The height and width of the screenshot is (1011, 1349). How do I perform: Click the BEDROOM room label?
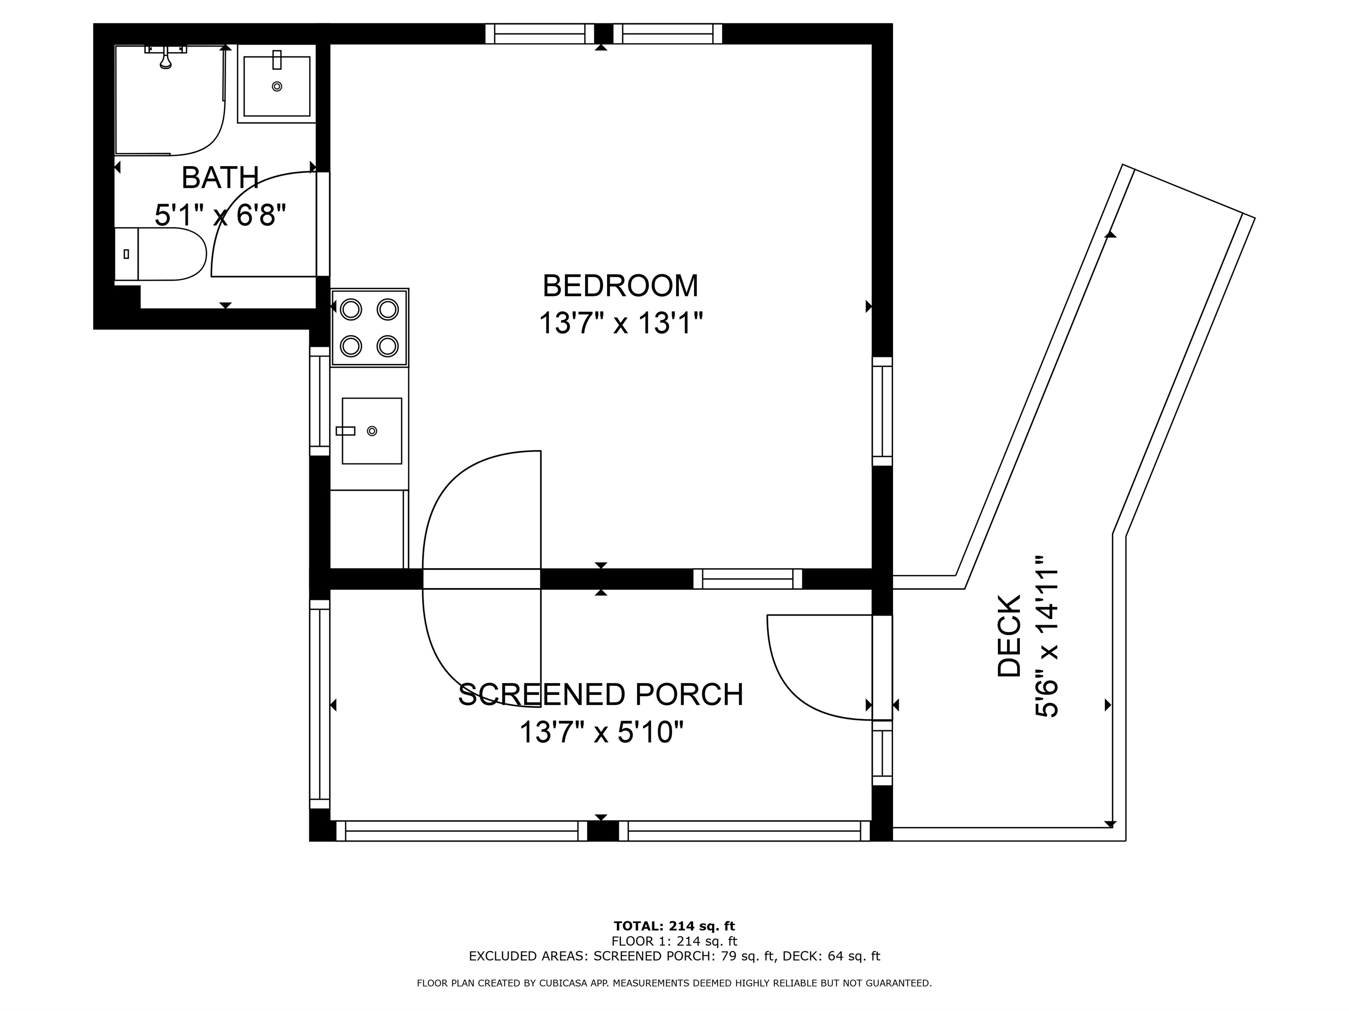[620, 285]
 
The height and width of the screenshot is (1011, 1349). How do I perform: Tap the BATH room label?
[220, 178]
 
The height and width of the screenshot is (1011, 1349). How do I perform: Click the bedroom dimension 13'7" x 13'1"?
[621, 322]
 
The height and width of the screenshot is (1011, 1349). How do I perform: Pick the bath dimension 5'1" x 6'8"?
[220, 215]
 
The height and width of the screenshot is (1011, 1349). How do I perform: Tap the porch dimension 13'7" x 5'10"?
[601, 732]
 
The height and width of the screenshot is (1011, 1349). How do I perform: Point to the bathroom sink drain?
[277, 86]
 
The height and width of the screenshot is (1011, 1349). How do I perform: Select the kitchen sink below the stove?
[371, 431]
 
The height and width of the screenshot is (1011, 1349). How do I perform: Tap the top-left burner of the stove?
[351, 309]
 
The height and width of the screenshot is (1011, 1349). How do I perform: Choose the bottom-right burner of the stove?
[388, 346]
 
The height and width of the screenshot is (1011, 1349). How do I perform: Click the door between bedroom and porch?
[481, 579]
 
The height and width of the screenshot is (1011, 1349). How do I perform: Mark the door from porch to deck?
[881, 668]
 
